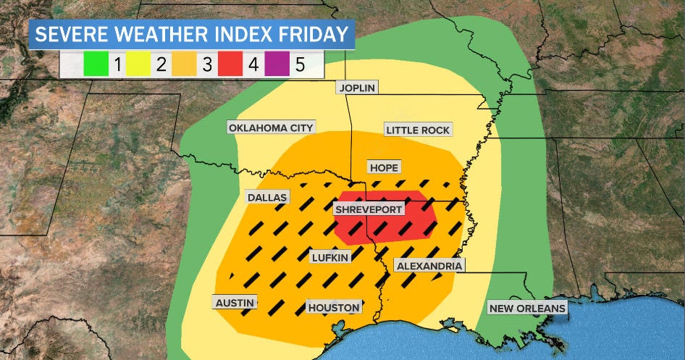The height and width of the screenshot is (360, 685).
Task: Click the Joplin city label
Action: (x=356, y=88)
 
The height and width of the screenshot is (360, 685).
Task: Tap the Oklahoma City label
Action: (x=271, y=127)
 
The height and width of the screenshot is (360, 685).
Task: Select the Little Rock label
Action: (x=418, y=130)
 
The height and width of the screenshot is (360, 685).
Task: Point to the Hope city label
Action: (x=384, y=167)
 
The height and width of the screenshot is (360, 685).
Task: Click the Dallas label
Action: (x=267, y=197)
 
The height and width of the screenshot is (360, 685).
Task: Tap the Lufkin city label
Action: (x=330, y=257)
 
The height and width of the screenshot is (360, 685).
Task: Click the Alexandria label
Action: (x=429, y=266)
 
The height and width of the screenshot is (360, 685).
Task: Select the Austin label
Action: (x=235, y=302)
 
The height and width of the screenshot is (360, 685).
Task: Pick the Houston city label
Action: (x=334, y=307)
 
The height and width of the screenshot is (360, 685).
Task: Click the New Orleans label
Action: (x=526, y=309)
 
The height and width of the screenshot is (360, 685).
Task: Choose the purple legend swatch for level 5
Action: (x=277, y=66)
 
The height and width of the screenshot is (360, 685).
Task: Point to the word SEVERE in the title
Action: (x=67, y=34)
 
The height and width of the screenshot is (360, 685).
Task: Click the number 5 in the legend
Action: (x=300, y=66)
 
